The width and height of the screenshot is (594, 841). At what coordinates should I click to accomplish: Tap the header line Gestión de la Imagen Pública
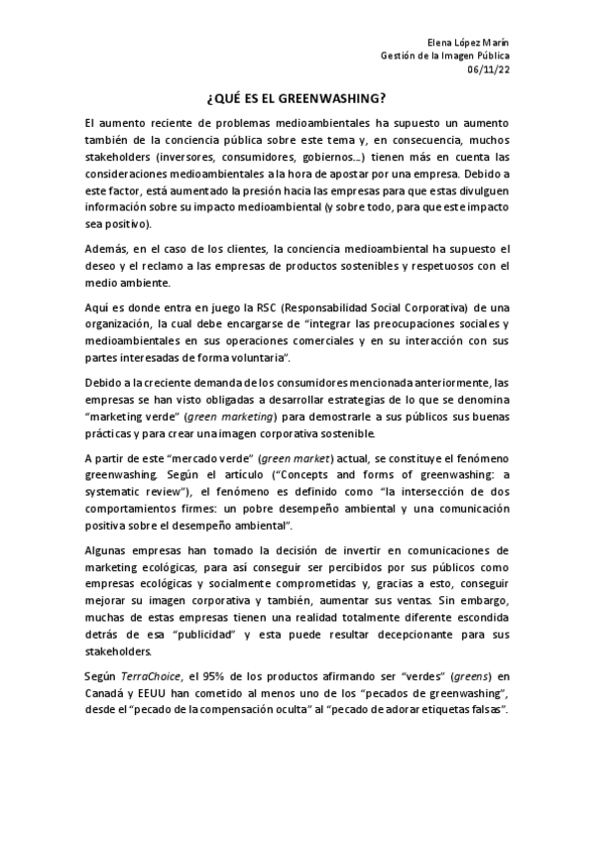444,58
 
